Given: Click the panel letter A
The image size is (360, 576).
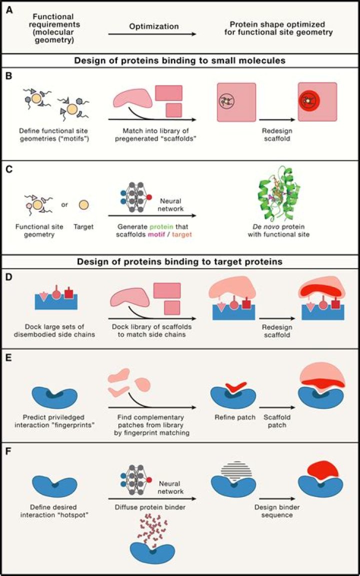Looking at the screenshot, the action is (x=9, y=10).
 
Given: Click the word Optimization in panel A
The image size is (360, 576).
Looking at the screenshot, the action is (x=154, y=27).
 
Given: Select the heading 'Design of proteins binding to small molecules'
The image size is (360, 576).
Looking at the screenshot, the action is (x=180, y=60).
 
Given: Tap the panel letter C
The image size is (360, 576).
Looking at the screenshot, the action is (x=9, y=170).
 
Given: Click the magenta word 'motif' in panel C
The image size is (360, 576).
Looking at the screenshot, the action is (x=156, y=234).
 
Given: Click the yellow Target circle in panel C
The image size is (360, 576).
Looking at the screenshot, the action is (x=83, y=205).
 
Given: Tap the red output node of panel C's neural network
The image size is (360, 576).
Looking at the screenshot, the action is (x=149, y=197).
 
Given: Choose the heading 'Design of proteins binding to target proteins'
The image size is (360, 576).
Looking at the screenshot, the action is (x=180, y=262).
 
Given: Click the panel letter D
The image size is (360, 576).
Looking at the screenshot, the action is (x=9, y=277).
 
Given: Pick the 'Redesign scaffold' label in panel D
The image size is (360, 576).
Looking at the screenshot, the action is (x=277, y=331).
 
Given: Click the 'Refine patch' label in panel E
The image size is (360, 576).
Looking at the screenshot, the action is (x=235, y=417).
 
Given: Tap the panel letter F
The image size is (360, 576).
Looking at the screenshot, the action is (x=9, y=451).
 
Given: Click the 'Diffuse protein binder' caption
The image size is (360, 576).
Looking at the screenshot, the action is (x=150, y=507).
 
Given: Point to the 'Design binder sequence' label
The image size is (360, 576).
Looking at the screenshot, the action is (x=277, y=511).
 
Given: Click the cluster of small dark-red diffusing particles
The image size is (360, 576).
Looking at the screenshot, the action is (x=153, y=531).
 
